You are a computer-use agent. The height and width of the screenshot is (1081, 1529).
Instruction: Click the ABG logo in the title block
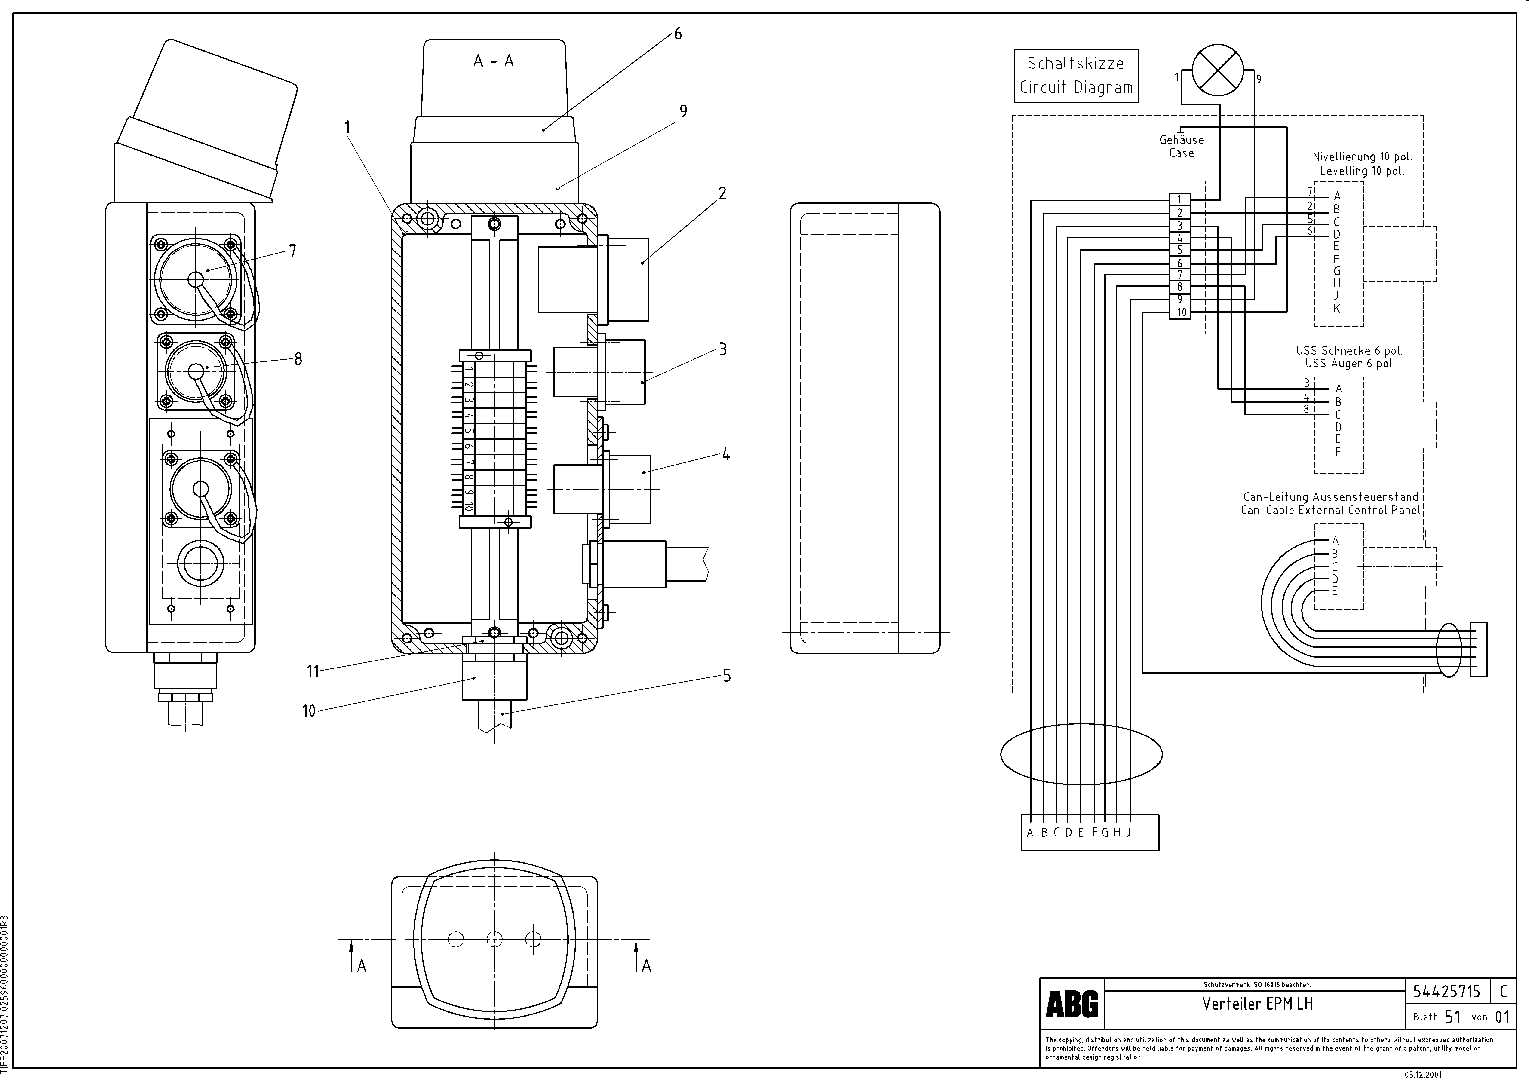click(x=1072, y=1004)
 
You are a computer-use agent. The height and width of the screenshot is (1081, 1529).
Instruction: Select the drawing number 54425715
click(x=1446, y=992)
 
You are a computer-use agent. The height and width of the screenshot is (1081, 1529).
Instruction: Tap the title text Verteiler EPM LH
click(x=1257, y=1004)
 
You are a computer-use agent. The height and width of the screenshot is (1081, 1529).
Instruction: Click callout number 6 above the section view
click(x=678, y=34)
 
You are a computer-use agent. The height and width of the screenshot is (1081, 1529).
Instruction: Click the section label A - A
click(x=494, y=61)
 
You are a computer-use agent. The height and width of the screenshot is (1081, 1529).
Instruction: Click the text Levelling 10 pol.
click(x=1362, y=171)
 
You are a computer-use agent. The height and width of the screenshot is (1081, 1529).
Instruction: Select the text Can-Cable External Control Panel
click(x=1330, y=511)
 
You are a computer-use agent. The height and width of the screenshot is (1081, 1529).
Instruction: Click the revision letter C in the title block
click(x=1503, y=992)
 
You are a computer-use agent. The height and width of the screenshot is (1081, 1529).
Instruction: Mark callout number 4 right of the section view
click(x=726, y=456)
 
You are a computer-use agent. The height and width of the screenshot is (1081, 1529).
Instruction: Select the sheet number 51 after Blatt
click(x=1453, y=1017)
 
